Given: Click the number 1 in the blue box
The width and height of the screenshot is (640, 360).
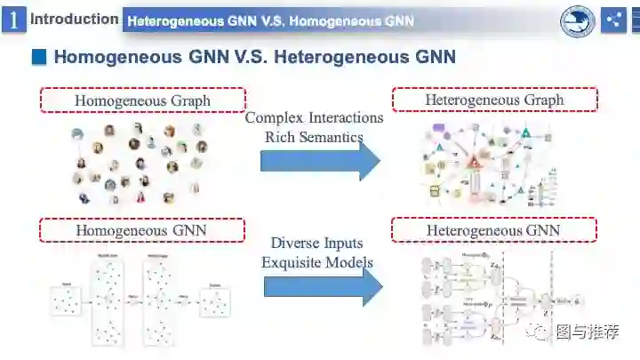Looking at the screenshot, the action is click(x=13, y=19).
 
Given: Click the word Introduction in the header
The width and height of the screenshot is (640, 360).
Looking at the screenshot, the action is click(x=75, y=19).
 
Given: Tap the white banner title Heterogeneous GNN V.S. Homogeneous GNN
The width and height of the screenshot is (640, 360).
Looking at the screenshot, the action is click(x=270, y=20).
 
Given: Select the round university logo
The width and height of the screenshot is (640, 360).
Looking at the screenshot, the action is click(x=578, y=20).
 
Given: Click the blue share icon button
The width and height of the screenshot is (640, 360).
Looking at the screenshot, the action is click(x=613, y=20).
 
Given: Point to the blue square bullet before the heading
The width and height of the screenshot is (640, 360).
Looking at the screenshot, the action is click(x=38, y=58).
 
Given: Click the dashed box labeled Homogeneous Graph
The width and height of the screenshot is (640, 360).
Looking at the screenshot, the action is click(x=142, y=100).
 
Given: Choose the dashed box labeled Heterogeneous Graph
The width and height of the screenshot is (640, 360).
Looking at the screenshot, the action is click(x=494, y=99).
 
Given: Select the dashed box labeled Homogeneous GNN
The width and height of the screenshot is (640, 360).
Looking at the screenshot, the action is click(x=141, y=230).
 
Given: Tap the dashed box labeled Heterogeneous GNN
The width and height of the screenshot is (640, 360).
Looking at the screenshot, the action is click(x=494, y=229).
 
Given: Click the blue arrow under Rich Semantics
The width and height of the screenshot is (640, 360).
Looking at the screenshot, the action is click(x=320, y=161).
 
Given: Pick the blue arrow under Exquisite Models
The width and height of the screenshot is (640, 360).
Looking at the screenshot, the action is click(x=323, y=286).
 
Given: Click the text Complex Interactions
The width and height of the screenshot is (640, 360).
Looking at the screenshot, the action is click(x=314, y=117).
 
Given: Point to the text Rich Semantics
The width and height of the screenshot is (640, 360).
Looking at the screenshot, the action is click(x=314, y=137).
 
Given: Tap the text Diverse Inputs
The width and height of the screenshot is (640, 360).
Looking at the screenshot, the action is click(x=317, y=243).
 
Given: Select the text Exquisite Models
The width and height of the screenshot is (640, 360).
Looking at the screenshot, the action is click(x=317, y=262).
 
